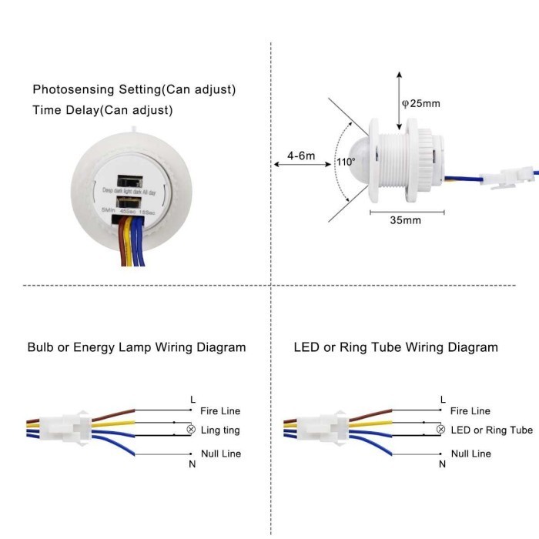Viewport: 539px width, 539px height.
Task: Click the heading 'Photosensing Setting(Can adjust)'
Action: click(134, 89)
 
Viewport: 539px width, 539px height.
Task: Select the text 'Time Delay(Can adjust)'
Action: click(102, 110)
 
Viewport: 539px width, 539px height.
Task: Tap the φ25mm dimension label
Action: click(421, 103)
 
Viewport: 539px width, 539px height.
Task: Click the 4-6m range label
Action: click(301, 156)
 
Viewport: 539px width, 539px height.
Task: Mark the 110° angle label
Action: click(345, 162)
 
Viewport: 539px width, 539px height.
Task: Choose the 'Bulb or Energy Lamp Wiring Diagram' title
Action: click(136, 347)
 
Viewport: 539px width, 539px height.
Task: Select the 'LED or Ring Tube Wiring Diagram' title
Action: click(396, 347)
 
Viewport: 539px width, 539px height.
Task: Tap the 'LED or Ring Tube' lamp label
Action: click(491, 430)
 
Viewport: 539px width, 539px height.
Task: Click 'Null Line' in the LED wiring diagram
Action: click(470, 454)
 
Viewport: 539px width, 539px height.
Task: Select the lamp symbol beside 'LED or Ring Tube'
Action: click(441, 429)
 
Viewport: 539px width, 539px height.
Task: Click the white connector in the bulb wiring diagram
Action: click(66, 425)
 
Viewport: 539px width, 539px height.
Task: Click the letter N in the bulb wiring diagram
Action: click(192, 464)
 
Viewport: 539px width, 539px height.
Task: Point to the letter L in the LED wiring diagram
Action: click(442, 399)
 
